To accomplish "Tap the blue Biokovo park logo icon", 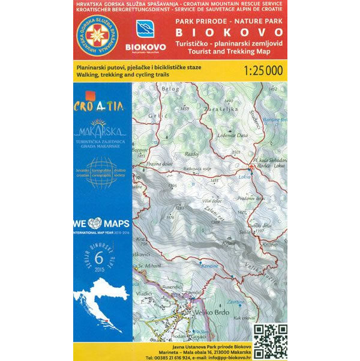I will tap(145, 29).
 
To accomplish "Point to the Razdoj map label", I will tap(192, 153).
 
